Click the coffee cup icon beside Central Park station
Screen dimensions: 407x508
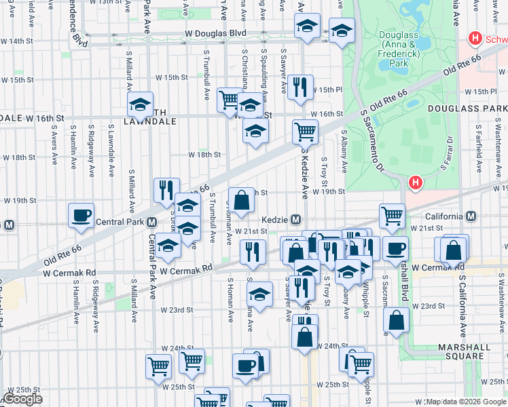pos(81,216)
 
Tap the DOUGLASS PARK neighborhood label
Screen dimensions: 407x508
pos(467,109)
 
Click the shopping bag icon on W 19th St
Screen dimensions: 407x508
pos(241,199)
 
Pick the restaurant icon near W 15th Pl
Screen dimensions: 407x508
pos(300,87)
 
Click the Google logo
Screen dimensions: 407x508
pos(22,399)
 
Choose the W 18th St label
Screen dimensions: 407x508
pos(205,155)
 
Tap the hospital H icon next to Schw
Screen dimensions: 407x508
pos(475,39)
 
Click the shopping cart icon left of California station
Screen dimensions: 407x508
pos(393,216)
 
